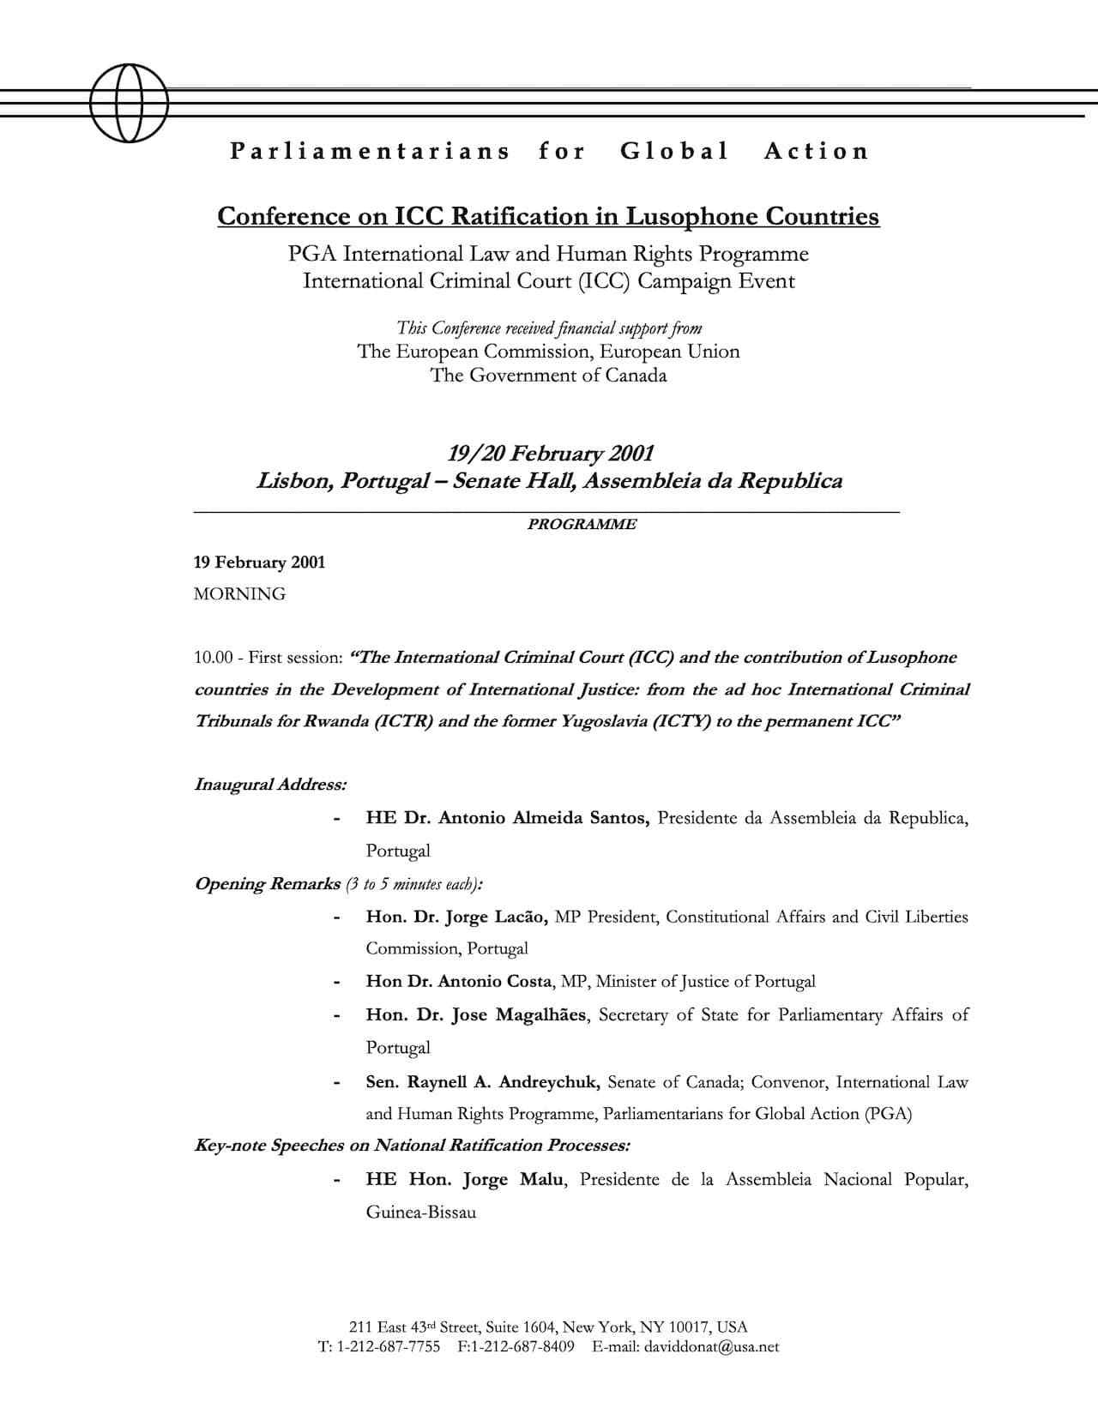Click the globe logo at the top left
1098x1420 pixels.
click(x=129, y=103)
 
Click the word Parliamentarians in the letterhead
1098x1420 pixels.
click(x=370, y=152)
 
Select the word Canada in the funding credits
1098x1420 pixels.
click(x=636, y=376)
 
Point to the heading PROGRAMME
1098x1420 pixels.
click(x=582, y=524)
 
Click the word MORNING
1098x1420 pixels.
click(x=239, y=594)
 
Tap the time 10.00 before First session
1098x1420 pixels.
click(x=213, y=658)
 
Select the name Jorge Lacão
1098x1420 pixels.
click(x=495, y=917)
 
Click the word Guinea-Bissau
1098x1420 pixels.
click(x=420, y=1212)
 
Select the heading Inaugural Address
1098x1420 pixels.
click(x=270, y=785)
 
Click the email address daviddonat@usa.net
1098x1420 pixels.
click(x=711, y=1346)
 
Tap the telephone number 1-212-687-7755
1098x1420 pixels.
click(x=389, y=1346)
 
